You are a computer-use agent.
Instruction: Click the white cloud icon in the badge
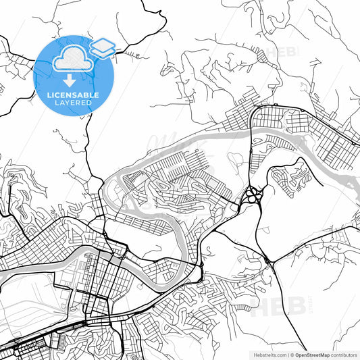coord(72,61)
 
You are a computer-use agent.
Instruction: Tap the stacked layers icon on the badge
coord(102,47)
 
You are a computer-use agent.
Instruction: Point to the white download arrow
coord(72,82)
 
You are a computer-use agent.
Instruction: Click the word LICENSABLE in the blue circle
coord(72,95)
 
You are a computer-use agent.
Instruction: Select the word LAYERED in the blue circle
coord(72,104)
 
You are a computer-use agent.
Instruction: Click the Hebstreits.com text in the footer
coord(269,354)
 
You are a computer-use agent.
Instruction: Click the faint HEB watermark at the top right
coord(284,52)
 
